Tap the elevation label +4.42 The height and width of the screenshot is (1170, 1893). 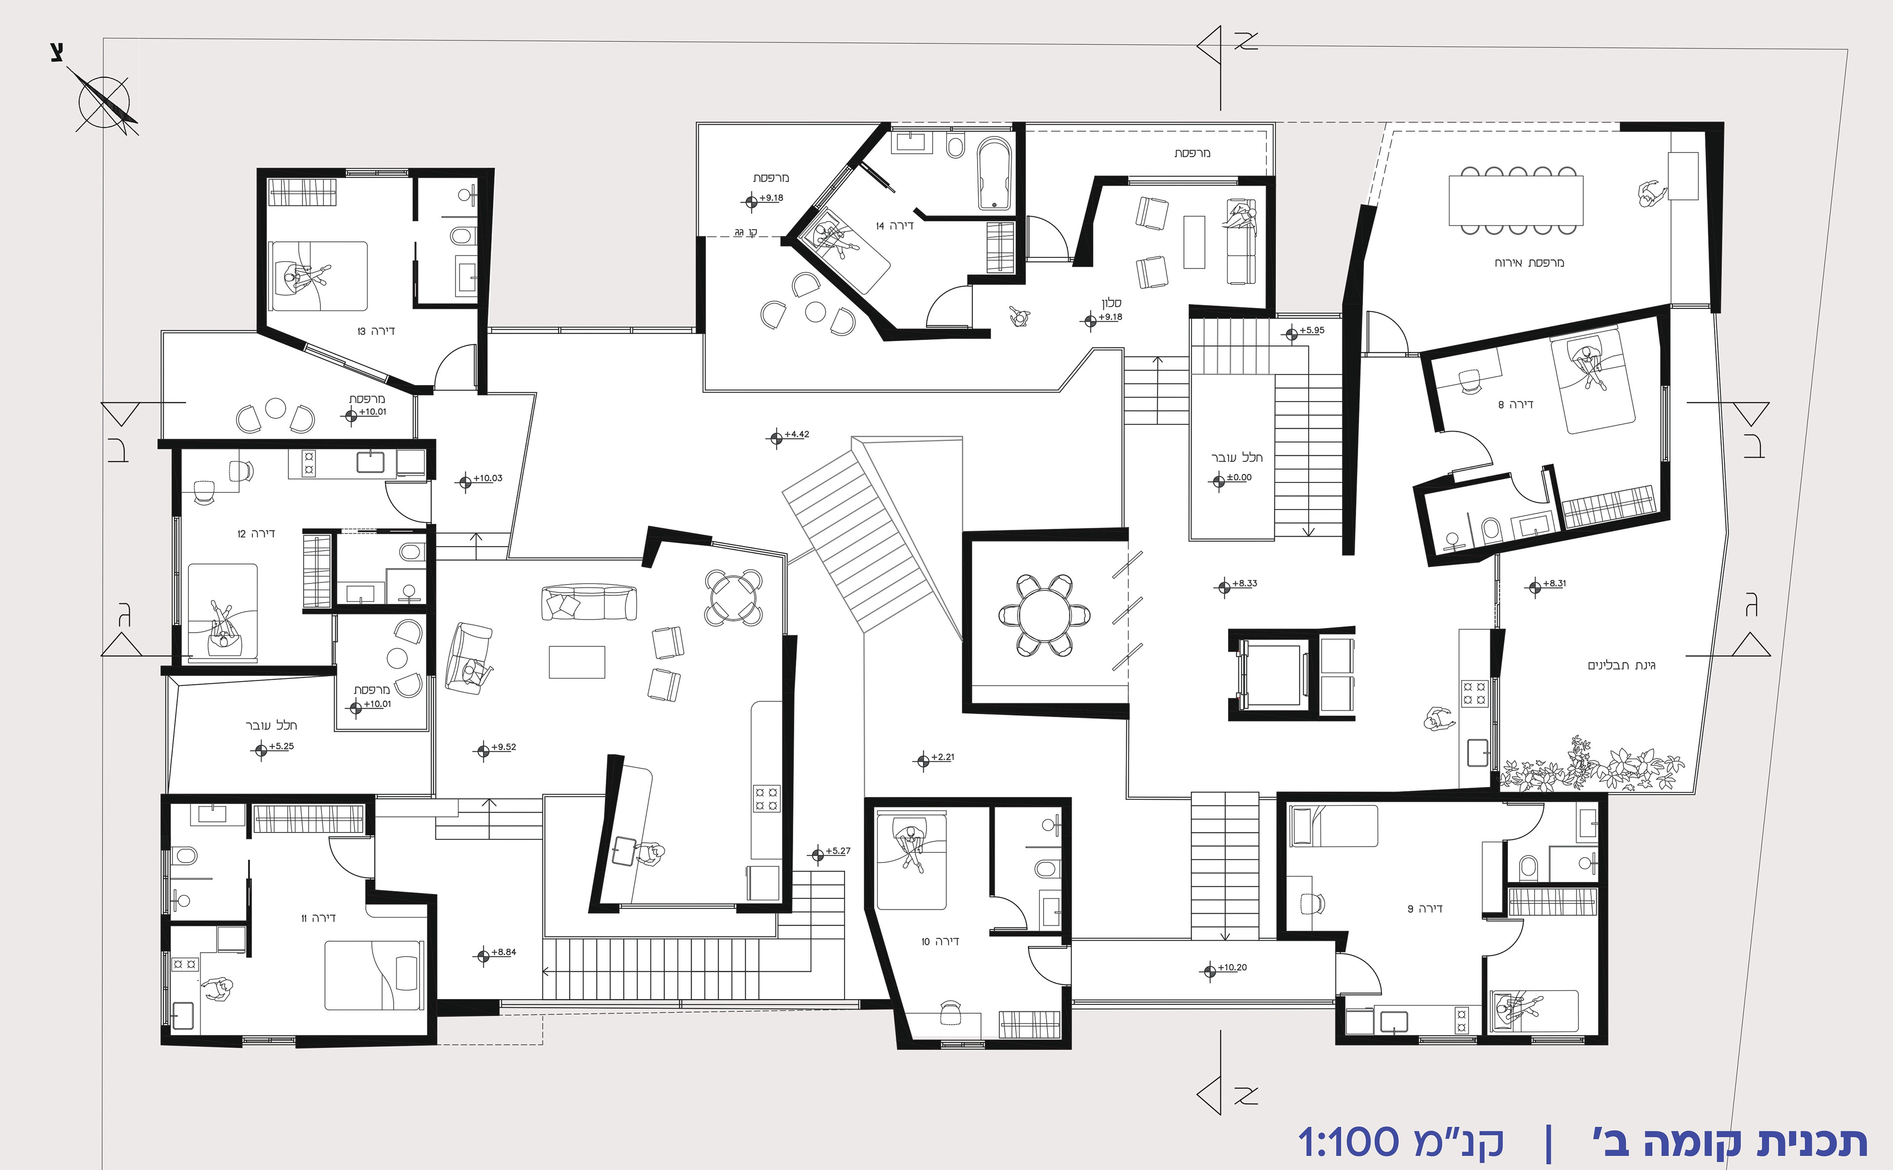click(797, 434)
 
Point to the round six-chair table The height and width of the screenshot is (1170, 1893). click(1045, 617)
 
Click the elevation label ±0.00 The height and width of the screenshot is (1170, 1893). click(1239, 478)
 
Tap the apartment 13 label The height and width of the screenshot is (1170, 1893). click(376, 331)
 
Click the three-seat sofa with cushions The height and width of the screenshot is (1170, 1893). click(590, 603)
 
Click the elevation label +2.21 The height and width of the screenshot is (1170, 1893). click(943, 757)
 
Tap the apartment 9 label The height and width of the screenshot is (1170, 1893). click(1425, 908)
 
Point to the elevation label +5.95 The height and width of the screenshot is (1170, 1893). click(1312, 330)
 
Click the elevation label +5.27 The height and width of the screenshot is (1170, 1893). click(838, 851)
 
